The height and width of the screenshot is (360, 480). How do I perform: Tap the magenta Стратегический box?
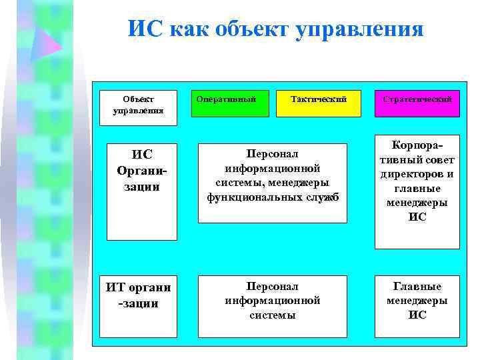pos(417,103)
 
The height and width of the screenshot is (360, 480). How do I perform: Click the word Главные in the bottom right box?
pos(417,287)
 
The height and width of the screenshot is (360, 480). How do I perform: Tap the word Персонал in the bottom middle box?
pos(273,286)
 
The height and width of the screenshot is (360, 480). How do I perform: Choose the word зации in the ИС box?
pos(141,187)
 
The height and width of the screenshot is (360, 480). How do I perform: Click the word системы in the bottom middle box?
pos(273,315)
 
